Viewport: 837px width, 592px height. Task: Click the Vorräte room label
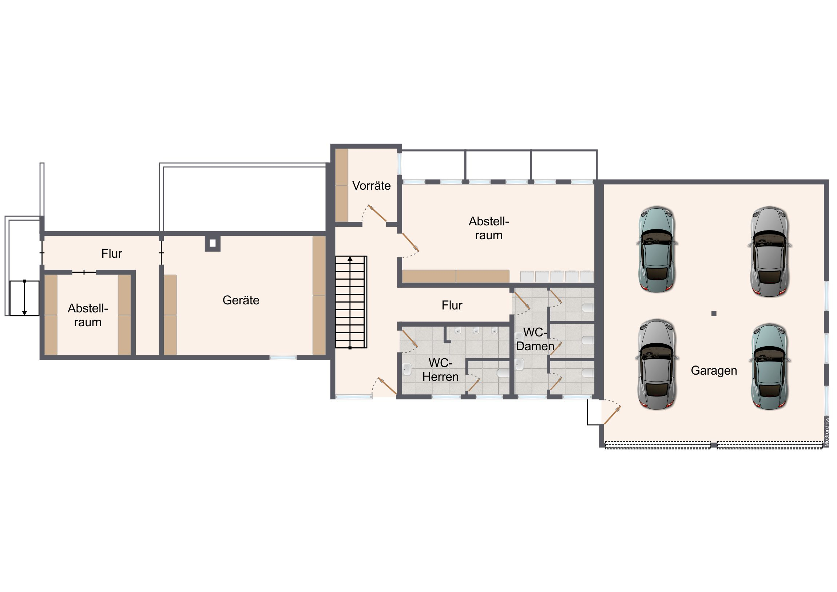click(x=371, y=186)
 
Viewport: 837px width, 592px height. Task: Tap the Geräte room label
click(x=241, y=300)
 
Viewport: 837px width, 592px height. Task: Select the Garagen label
click(x=714, y=371)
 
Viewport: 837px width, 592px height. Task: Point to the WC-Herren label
click(x=440, y=370)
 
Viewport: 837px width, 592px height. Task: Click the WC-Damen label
click(x=535, y=339)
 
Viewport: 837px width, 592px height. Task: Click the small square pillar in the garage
click(x=714, y=313)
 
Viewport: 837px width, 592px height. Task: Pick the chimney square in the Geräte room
click(x=213, y=243)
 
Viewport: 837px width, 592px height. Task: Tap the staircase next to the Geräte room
click(x=351, y=302)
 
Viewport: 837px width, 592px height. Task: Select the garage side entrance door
click(x=612, y=415)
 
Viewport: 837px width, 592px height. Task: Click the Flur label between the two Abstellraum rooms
click(x=112, y=253)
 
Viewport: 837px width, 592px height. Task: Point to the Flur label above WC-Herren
click(x=452, y=305)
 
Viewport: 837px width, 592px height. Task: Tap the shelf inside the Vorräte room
click(x=342, y=185)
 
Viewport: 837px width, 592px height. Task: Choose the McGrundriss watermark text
click(x=827, y=432)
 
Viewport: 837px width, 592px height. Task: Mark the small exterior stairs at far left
click(x=24, y=298)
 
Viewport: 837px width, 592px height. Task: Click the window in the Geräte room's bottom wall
click(x=283, y=358)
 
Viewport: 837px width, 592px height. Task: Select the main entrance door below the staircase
click(x=387, y=386)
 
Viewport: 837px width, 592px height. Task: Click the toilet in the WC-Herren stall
click(x=503, y=372)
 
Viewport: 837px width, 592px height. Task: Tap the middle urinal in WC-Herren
click(x=476, y=331)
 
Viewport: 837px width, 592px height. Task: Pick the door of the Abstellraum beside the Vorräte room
click(x=410, y=242)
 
